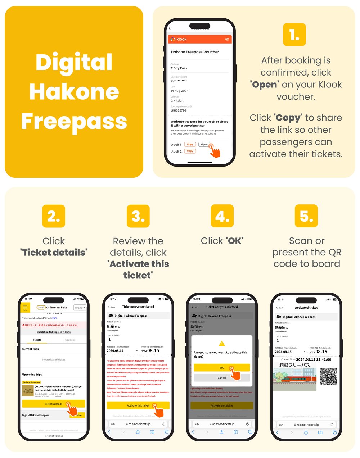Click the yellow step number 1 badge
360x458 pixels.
(294, 35)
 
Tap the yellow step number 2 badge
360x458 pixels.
(53, 216)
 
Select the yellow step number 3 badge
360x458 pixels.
(138, 216)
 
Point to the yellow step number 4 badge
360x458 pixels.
(222, 216)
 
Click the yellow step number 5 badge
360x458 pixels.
(306, 216)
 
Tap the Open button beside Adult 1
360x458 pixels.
(204, 144)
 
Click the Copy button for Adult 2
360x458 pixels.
(190, 151)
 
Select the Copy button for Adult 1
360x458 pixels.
(190, 144)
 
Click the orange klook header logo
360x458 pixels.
(179, 39)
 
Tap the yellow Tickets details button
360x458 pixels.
(53, 404)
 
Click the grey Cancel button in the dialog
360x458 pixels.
(222, 378)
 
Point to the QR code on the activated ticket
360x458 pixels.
(328, 376)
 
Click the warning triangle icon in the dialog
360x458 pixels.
(222, 344)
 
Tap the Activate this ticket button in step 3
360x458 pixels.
(138, 405)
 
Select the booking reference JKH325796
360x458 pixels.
(179, 110)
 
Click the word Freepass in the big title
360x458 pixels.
(74, 121)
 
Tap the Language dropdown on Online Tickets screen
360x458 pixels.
(80, 308)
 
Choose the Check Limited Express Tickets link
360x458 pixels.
(53, 332)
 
